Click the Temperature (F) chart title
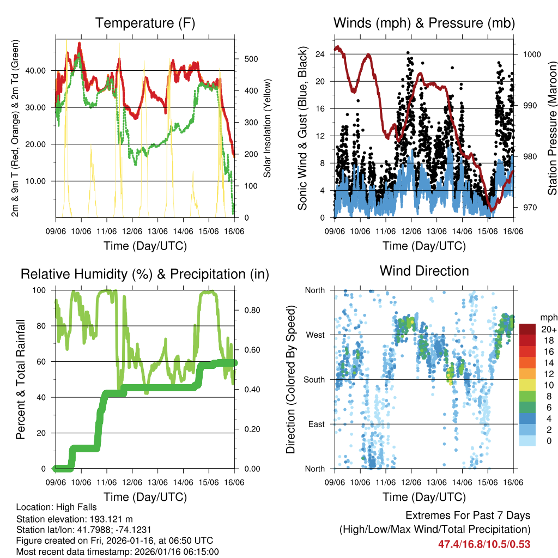[145, 23]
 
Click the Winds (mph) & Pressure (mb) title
[424, 23]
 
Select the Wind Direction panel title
[424, 271]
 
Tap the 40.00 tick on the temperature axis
[37, 71]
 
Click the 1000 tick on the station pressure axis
[531, 54]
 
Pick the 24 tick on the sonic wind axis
[320, 54]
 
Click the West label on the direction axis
[314, 335]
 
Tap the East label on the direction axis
[316, 424]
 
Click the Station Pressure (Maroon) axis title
[551, 121]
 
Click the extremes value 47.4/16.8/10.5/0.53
[484, 544]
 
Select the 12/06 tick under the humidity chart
[132, 482]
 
